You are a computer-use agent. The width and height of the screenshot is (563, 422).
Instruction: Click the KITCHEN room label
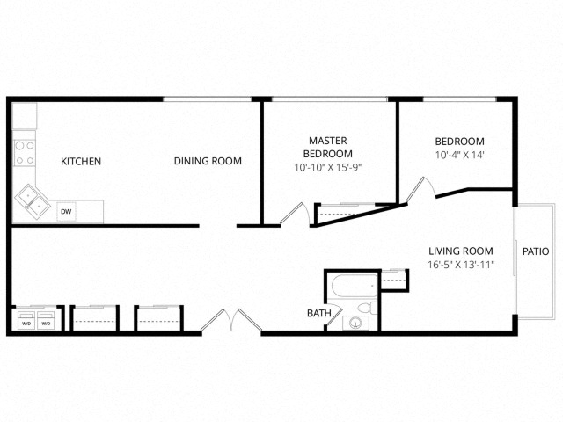point(81,162)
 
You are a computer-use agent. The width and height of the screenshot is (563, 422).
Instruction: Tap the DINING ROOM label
point(208,161)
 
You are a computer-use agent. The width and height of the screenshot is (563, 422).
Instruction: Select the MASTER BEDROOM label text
point(328,147)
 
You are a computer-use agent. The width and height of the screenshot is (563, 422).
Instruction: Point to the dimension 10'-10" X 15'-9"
point(328,167)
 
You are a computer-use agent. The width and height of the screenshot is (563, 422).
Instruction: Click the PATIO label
point(535,251)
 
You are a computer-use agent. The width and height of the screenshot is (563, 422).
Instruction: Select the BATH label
point(318,313)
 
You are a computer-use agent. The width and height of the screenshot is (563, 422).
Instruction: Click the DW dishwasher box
point(66,212)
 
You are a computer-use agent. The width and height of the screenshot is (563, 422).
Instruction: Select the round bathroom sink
point(356,323)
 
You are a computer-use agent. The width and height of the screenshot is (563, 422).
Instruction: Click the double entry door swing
point(230,320)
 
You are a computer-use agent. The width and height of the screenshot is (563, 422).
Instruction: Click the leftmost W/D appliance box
point(26,322)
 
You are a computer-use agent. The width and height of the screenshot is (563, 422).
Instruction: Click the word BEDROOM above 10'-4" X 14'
point(460,142)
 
